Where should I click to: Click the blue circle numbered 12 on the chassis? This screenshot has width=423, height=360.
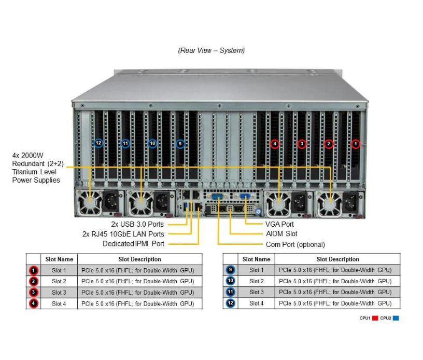pyautogui.click(x=98, y=143)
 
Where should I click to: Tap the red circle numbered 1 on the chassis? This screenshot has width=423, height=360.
pyautogui.click(x=355, y=144)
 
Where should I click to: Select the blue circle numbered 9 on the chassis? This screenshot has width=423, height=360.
pyautogui.click(x=180, y=143)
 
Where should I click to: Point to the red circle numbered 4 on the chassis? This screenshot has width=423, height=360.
pyautogui.click(x=275, y=144)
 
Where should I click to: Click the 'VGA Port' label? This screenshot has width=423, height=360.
pyautogui.click(x=280, y=224)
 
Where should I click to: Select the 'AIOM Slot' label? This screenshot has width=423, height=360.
pyautogui.click(x=281, y=234)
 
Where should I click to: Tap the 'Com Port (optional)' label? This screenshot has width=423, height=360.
pyautogui.click(x=295, y=244)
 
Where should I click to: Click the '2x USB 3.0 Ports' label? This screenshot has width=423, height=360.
pyautogui.click(x=137, y=224)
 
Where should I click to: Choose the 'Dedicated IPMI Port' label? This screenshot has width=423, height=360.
pyautogui.click(x=133, y=243)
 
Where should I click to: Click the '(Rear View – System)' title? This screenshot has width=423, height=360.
pyautogui.click(x=211, y=50)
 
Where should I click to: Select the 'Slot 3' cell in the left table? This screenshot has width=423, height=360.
pyautogui.click(x=59, y=293)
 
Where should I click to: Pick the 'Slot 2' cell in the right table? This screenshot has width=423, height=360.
pyautogui.click(x=256, y=281)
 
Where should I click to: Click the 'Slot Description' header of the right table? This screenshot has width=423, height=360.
pyautogui.click(x=337, y=259)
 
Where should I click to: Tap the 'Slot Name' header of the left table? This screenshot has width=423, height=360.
pyautogui.click(x=59, y=259)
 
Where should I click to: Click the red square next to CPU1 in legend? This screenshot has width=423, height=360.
pyautogui.click(x=375, y=318)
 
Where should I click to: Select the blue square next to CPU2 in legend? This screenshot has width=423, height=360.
pyautogui.click(x=396, y=318)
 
